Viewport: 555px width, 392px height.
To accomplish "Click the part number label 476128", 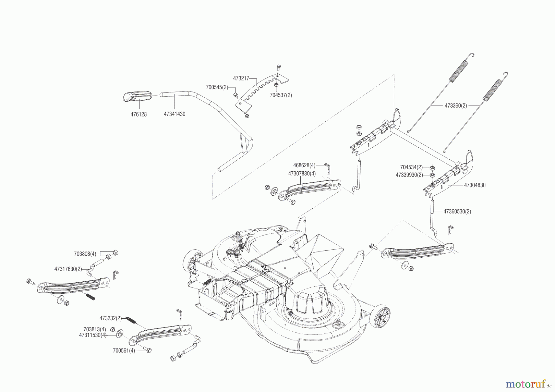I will (138, 114).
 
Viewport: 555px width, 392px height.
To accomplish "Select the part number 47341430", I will (175, 114).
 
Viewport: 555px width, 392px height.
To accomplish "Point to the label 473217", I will (241, 78).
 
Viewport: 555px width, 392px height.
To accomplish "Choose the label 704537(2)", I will (281, 95).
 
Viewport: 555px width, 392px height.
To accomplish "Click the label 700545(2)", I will (217, 87).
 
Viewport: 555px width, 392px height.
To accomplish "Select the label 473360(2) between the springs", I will (456, 106).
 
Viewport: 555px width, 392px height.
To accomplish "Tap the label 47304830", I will (475, 185).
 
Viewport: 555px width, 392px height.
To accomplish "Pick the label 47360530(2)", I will (457, 211).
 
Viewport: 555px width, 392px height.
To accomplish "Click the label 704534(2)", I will (411, 167).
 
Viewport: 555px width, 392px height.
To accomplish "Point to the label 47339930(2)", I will (409, 175).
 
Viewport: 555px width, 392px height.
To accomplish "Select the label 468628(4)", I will (304, 165).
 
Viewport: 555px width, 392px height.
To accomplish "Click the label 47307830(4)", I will (302, 174).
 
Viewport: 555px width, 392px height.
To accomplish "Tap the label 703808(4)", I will (85, 254).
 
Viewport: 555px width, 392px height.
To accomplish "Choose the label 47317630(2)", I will (68, 269).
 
